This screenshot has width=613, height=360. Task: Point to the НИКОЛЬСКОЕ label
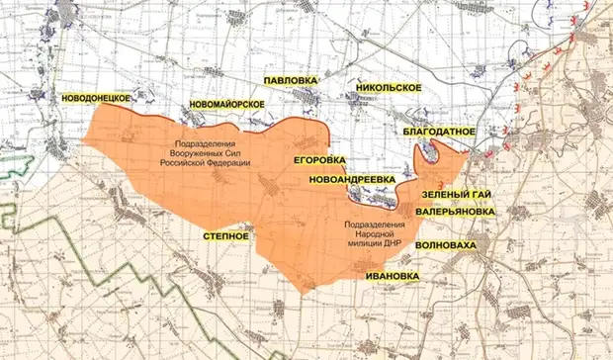[388, 89]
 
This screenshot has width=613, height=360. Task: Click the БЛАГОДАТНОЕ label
[441, 131]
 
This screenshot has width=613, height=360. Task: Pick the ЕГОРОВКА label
[320, 159]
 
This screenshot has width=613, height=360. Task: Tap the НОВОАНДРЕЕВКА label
[352, 179]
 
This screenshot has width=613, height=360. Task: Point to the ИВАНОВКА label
[390, 275]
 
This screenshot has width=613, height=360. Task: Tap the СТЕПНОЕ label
[224, 237]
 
